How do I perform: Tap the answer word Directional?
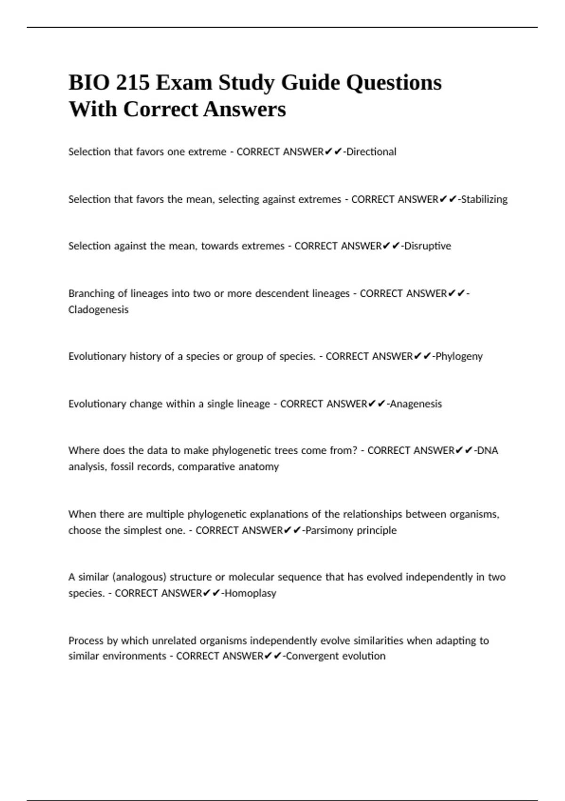point(371,152)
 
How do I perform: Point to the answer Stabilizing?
point(484,199)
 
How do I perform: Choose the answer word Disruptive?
point(428,246)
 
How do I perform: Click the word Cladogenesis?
point(98,310)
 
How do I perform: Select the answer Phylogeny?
point(459,356)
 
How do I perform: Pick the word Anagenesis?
point(416,404)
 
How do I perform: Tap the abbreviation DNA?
point(488,450)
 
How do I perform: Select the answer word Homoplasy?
point(250,593)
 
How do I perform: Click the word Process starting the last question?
point(86,640)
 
